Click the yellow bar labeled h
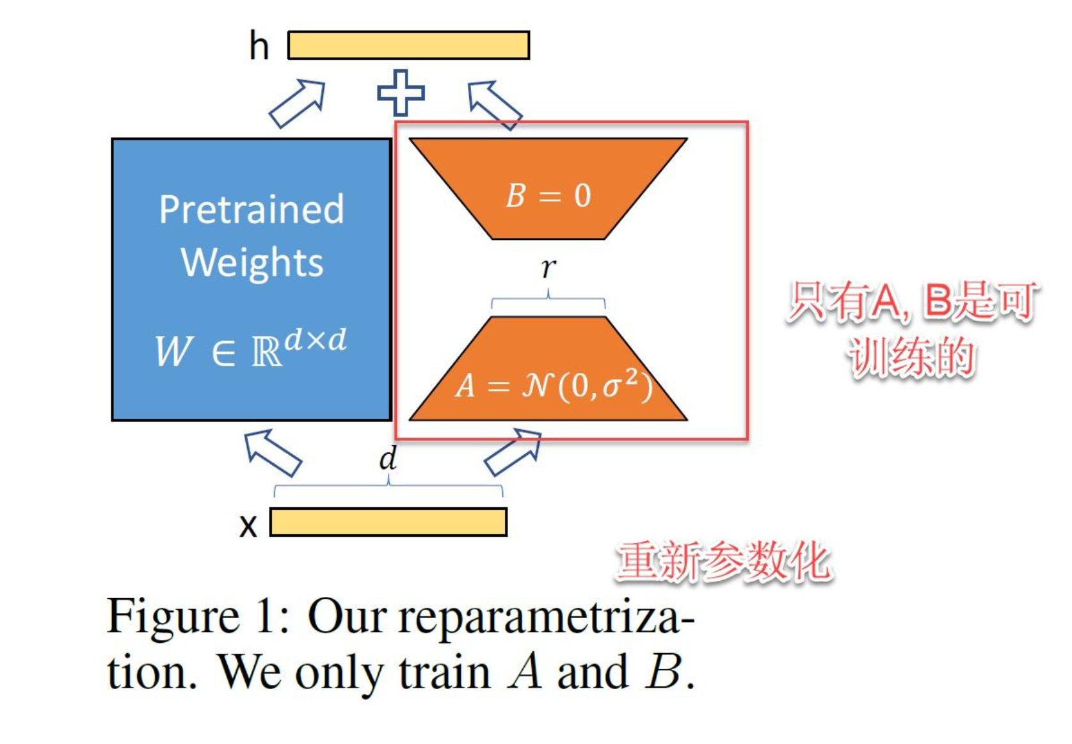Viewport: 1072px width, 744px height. click(x=408, y=45)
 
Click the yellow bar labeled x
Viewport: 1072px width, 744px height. click(x=388, y=522)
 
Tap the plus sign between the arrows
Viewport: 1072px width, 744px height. click(x=401, y=93)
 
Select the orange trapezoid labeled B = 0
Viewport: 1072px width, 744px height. click(x=548, y=186)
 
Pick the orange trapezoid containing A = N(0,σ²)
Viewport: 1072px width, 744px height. click(x=548, y=377)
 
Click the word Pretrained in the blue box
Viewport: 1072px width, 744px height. click(x=252, y=209)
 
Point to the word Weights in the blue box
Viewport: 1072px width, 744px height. click(x=252, y=262)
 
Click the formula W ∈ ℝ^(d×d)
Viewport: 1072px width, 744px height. click(x=250, y=349)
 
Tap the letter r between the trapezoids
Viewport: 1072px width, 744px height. click(x=548, y=267)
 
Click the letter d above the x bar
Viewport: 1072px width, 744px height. click(x=388, y=458)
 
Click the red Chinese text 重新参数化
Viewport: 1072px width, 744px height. click(x=724, y=562)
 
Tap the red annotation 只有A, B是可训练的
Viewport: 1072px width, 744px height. click(x=913, y=329)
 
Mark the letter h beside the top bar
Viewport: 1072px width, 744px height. click(x=259, y=46)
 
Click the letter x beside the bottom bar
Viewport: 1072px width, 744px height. click(x=248, y=526)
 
